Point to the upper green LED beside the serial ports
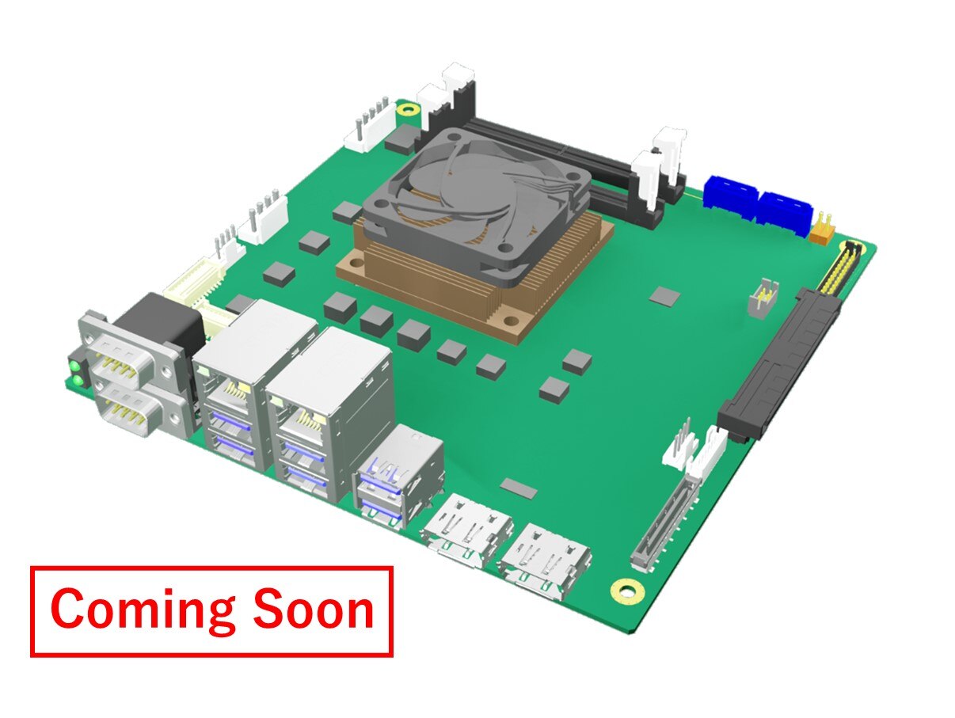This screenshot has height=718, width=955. point(74,364)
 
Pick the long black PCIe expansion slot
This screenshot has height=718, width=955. point(778,364)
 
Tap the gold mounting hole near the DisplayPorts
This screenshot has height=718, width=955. point(627,591)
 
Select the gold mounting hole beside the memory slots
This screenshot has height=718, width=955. point(407,109)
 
